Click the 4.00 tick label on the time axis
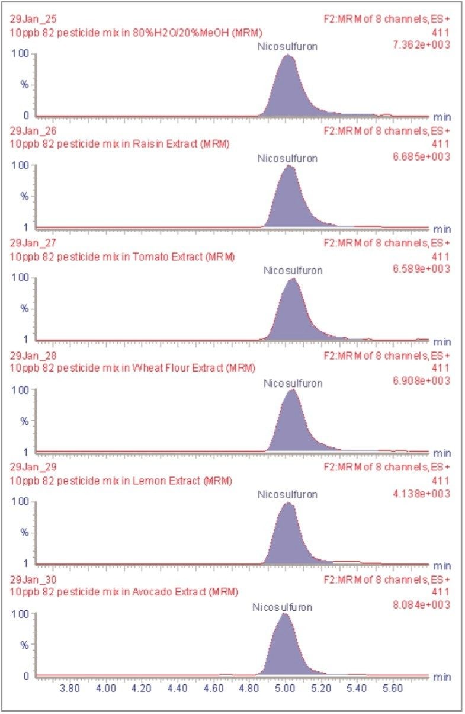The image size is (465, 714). pos(105,689)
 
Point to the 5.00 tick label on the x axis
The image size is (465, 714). pos(286,689)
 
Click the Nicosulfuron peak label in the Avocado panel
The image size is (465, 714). pos(282,607)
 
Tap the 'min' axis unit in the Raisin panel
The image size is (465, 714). pos(442,229)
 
